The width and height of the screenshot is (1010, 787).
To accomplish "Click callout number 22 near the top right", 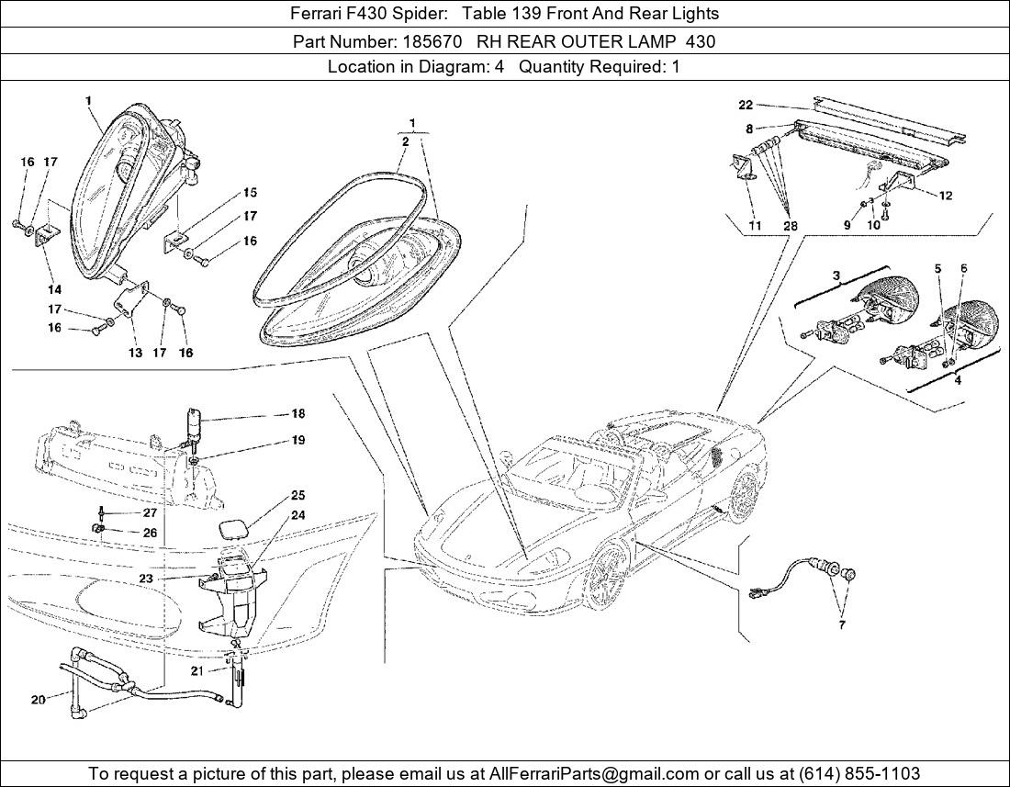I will click(745, 105).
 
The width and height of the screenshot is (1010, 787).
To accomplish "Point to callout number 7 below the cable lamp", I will click(842, 625).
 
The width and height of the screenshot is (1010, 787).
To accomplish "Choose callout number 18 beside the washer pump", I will click(298, 414).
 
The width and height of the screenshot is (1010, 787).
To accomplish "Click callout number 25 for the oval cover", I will click(298, 496).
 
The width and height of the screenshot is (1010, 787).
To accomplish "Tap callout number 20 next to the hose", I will click(38, 700).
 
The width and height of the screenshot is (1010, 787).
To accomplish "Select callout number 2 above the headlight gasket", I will click(405, 141).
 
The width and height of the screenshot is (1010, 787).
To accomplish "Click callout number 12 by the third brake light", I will click(946, 195).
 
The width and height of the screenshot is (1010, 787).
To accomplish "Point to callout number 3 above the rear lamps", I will click(836, 275).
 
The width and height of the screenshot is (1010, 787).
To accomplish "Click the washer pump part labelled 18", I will click(196, 424).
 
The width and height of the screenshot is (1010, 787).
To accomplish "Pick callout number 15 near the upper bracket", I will click(250, 193).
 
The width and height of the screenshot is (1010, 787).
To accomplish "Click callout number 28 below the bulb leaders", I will click(791, 226).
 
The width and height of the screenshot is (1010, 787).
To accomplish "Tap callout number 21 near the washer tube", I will click(197, 671).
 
